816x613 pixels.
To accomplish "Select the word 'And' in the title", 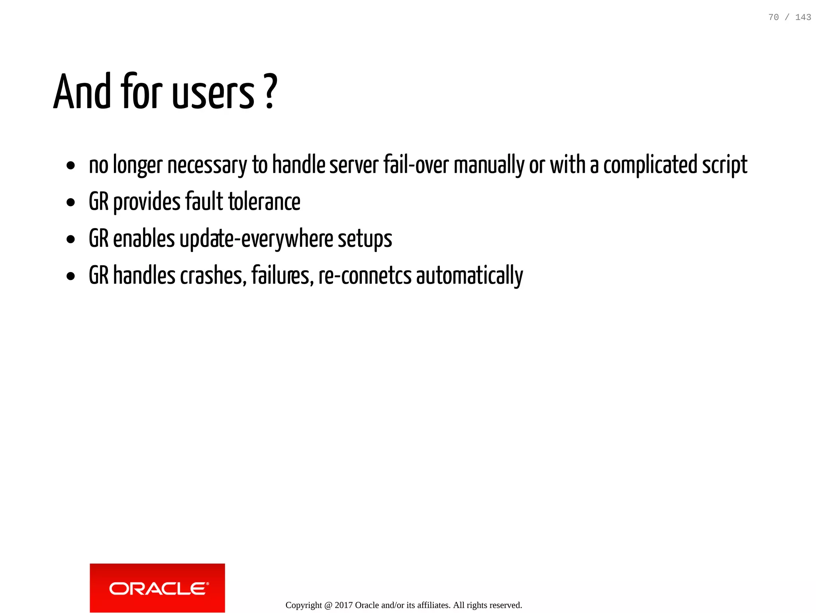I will [x=82, y=92].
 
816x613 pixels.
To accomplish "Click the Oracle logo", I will [x=157, y=588].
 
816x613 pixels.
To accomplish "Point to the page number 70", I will [x=773, y=17].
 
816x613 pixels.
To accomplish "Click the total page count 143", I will [x=803, y=17].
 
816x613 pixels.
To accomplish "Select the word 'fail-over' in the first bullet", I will [x=416, y=165].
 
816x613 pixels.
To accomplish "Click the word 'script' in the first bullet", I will [x=724, y=166].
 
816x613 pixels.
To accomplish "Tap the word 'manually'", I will [x=489, y=166].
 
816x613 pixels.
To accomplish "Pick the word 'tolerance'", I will [x=264, y=202].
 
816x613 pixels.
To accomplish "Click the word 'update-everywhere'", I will [x=256, y=239].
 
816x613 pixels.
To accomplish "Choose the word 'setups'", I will [x=365, y=239].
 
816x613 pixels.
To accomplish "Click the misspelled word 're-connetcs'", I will [x=365, y=276].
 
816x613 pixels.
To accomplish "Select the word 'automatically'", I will [x=469, y=276].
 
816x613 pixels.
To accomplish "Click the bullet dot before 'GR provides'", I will [x=71, y=202].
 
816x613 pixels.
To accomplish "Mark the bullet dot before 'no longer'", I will [x=71, y=166].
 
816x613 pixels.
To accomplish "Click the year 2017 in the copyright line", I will [x=343, y=605].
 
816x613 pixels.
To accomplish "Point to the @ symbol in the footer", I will [x=328, y=605].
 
